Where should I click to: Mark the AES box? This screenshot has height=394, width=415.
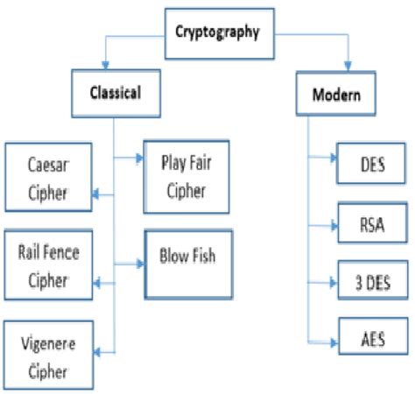click(x=372, y=340)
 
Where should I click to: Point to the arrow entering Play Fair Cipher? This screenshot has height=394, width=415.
click(x=137, y=158)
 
